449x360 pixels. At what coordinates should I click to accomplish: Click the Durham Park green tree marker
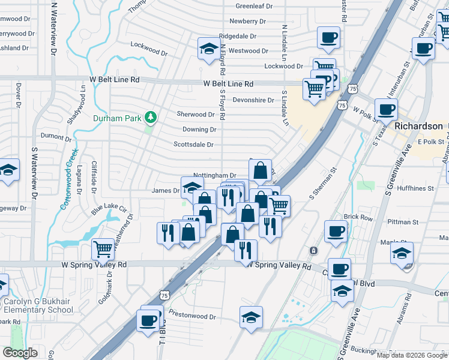click(150, 116)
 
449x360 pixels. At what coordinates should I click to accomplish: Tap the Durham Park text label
click(116, 118)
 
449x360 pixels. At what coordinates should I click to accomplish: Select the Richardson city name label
click(418, 127)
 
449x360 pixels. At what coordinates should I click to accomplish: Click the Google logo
click(20, 353)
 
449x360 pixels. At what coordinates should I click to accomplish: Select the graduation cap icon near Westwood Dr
click(208, 47)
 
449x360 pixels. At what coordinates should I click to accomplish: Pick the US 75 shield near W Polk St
click(342, 105)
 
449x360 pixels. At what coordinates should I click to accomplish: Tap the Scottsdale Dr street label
click(193, 145)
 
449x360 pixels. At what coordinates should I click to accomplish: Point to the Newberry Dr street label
click(247, 21)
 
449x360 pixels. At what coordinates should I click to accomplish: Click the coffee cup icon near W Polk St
click(386, 109)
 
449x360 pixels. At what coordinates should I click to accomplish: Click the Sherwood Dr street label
click(195, 114)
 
